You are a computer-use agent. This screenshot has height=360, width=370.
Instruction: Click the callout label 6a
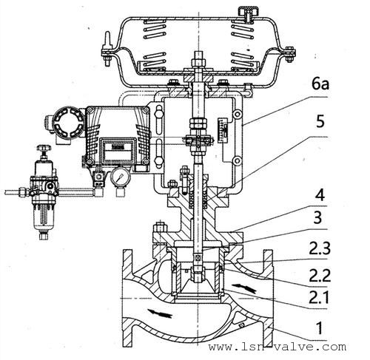320,84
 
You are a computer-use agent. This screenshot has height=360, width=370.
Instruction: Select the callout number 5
320,121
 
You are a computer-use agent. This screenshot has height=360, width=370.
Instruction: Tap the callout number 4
320,195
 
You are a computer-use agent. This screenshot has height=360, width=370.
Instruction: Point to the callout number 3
318,217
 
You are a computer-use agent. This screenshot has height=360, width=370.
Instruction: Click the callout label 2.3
320,248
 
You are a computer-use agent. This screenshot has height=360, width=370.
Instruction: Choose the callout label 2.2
320,276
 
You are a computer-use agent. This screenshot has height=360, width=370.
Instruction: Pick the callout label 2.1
319,297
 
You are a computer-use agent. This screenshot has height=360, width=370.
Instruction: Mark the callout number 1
320,328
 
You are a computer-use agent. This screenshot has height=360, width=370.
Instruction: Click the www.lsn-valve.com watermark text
277,347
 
